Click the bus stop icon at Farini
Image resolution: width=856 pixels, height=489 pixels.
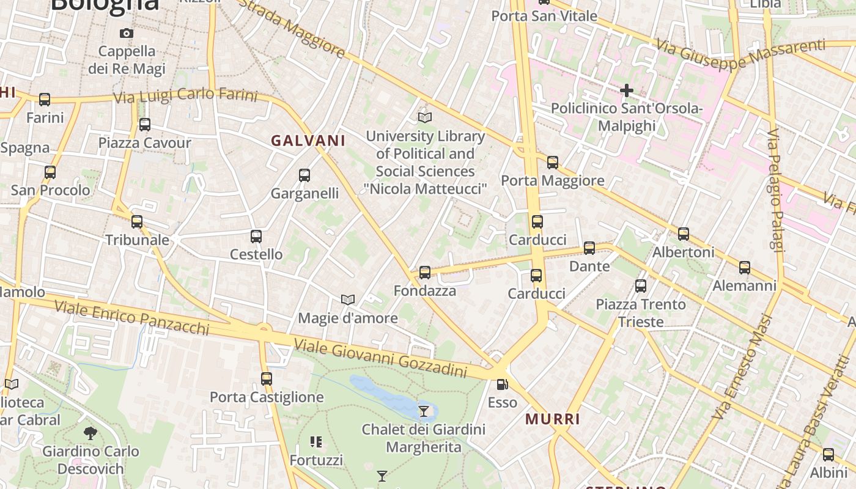point(45,100)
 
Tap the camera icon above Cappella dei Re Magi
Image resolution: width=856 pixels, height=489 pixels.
point(127,33)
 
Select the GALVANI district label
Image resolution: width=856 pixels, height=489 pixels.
point(308,141)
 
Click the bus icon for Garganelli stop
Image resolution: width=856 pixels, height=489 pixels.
point(304,175)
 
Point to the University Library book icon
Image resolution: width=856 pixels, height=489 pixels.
point(425,117)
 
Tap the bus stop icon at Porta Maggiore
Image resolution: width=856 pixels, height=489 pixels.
point(553,163)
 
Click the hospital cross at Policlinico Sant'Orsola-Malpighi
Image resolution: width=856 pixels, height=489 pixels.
point(627,90)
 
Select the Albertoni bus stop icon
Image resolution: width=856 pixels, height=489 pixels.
point(684,234)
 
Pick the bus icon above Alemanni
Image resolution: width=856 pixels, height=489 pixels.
point(745,268)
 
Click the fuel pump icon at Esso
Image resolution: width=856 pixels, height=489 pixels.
point(502,384)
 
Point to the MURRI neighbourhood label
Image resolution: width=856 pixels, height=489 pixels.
point(553,419)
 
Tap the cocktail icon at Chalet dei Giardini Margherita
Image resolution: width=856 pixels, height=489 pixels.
point(423,411)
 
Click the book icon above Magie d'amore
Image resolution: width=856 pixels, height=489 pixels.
point(348,300)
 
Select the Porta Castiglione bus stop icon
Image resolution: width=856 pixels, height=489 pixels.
point(267,379)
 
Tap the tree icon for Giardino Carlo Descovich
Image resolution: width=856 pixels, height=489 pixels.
point(90,433)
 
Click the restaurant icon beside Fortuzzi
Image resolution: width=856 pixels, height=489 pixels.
point(316,441)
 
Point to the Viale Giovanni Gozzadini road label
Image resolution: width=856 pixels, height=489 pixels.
point(380,358)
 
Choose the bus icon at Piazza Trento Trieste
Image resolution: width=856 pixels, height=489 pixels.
point(641,286)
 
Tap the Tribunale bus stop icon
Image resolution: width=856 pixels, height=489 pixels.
point(137,222)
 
